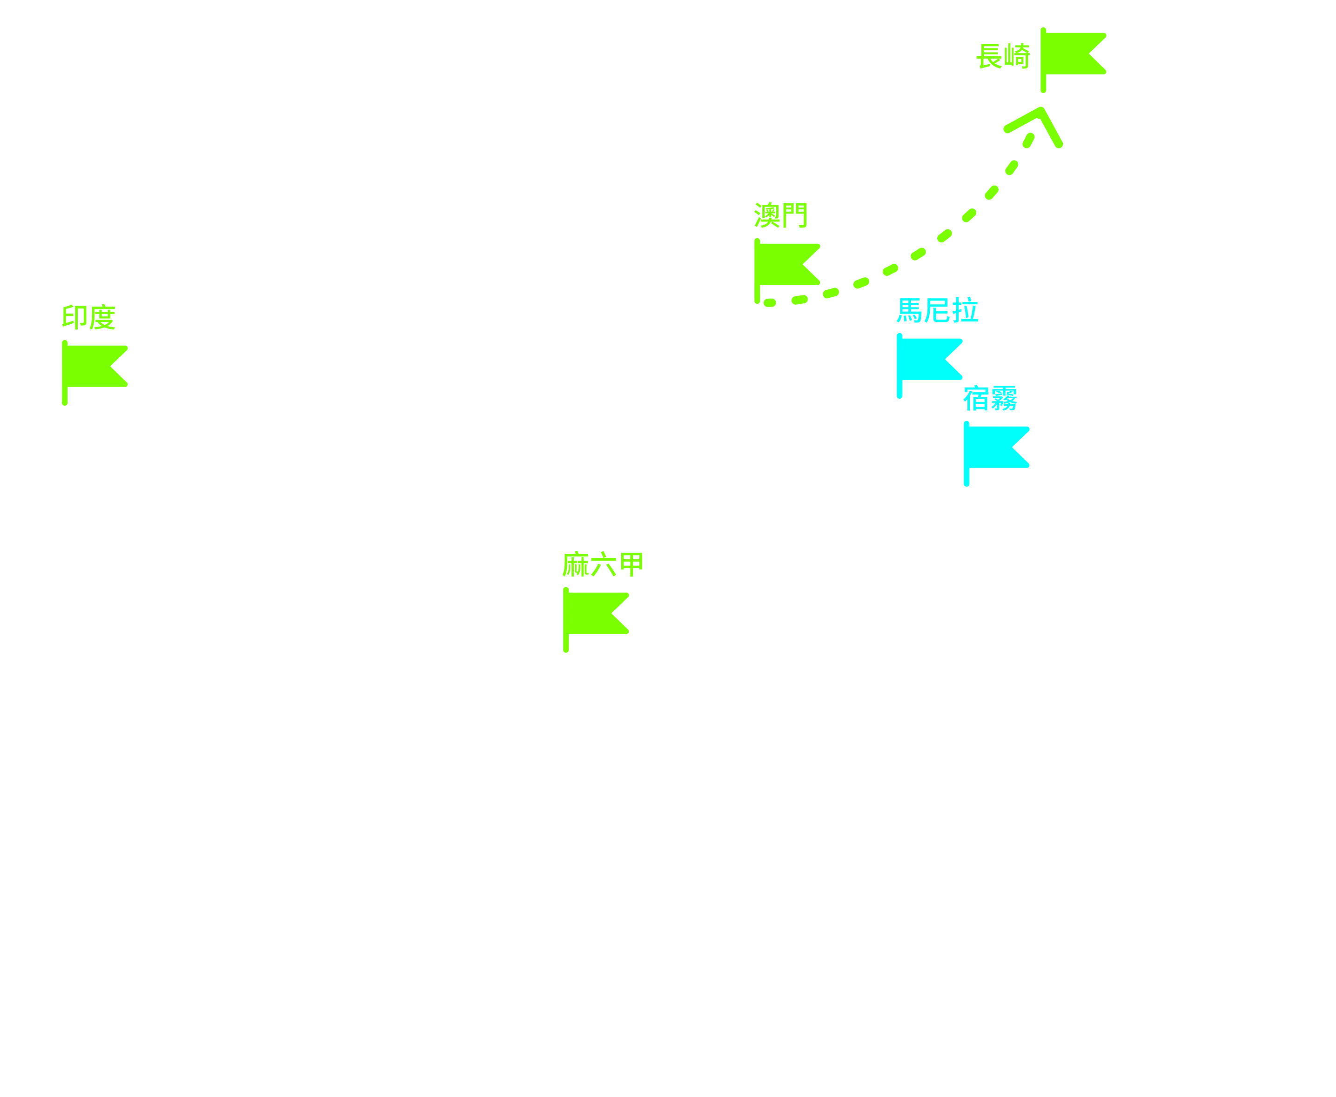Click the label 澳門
coord(780,215)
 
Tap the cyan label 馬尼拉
coord(937,310)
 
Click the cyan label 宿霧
coord(990,398)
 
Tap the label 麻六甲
coord(603,564)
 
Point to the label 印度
coord(88,317)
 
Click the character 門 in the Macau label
coord(794,215)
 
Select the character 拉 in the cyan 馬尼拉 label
coord(965,310)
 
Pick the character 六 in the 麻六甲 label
coord(603,564)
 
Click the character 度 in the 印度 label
coord(102,317)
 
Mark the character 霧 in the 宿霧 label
coord(1004,398)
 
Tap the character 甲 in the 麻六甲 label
coord(631,564)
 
